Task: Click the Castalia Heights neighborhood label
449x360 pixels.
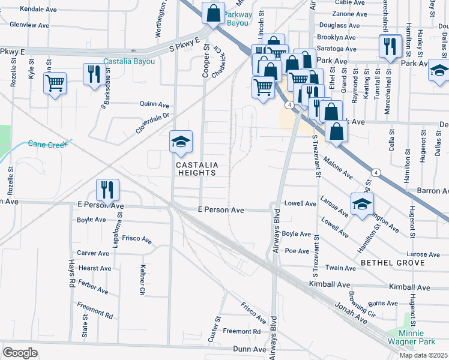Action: click(x=195, y=169)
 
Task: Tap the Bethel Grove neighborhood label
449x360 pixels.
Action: click(x=393, y=263)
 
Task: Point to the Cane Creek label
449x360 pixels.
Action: click(x=49, y=144)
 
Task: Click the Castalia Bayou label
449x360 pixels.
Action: click(x=129, y=61)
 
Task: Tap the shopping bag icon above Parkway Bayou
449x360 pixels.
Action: click(x=213, y=13)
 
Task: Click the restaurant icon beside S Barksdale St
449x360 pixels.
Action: click(x=93, y=74)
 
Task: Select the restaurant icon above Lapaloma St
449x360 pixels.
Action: click(x=107, y=189)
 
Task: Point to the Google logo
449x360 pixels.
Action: click(x=20, y=353)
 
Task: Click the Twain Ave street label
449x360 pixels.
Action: click(x=337, y=268)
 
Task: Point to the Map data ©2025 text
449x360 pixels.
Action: click(x=423, y=355)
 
